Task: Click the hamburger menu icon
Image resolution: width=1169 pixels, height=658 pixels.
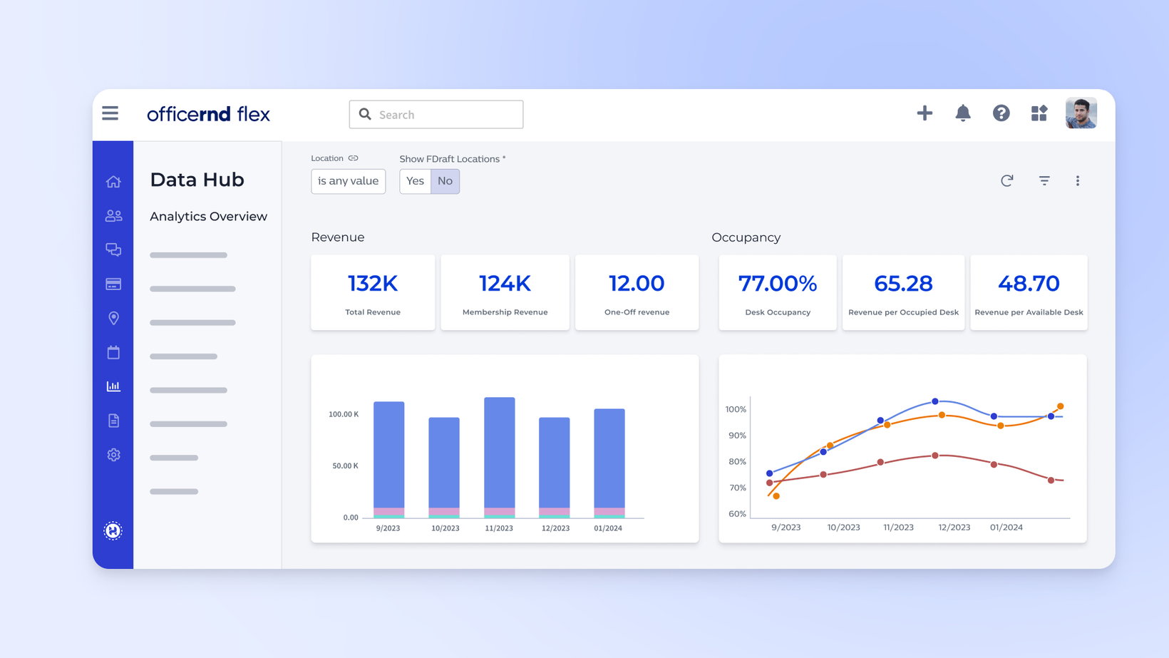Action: tap(110, 113)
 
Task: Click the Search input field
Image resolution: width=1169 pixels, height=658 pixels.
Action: tap(436, 115)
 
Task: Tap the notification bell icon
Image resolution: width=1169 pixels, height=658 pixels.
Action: tap(963, 113)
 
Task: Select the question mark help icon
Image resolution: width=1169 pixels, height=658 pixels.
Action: tap(1001, 113)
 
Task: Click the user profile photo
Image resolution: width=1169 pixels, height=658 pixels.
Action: tap(1081, 113)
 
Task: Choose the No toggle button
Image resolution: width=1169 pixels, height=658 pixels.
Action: tap(445, 181)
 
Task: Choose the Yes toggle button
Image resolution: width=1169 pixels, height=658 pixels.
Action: tap(415, 181)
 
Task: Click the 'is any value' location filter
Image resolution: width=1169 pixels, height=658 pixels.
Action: tap(348, 181)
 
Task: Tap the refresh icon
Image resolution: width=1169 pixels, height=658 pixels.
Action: tap(1006, 181)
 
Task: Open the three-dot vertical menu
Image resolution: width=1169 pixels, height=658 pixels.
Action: tap(1078, 181)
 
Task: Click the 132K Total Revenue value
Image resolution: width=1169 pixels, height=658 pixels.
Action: tap(373, 284)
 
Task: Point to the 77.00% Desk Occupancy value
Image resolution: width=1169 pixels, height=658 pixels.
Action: tap(778, 284)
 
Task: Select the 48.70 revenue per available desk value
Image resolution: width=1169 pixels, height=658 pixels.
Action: tap(1029, 284)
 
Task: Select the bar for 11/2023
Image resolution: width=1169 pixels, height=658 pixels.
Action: tap(499, 456)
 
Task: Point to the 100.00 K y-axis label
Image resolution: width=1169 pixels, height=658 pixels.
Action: tap(344, 414)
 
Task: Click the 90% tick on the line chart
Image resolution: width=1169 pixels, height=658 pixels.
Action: tap(737, 436)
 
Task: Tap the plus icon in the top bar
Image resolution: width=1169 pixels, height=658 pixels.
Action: tap(925, 113)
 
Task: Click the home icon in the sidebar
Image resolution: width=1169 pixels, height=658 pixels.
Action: tap(113, 182)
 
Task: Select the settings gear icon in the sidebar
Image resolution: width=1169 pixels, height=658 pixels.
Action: tap(113, 455)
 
